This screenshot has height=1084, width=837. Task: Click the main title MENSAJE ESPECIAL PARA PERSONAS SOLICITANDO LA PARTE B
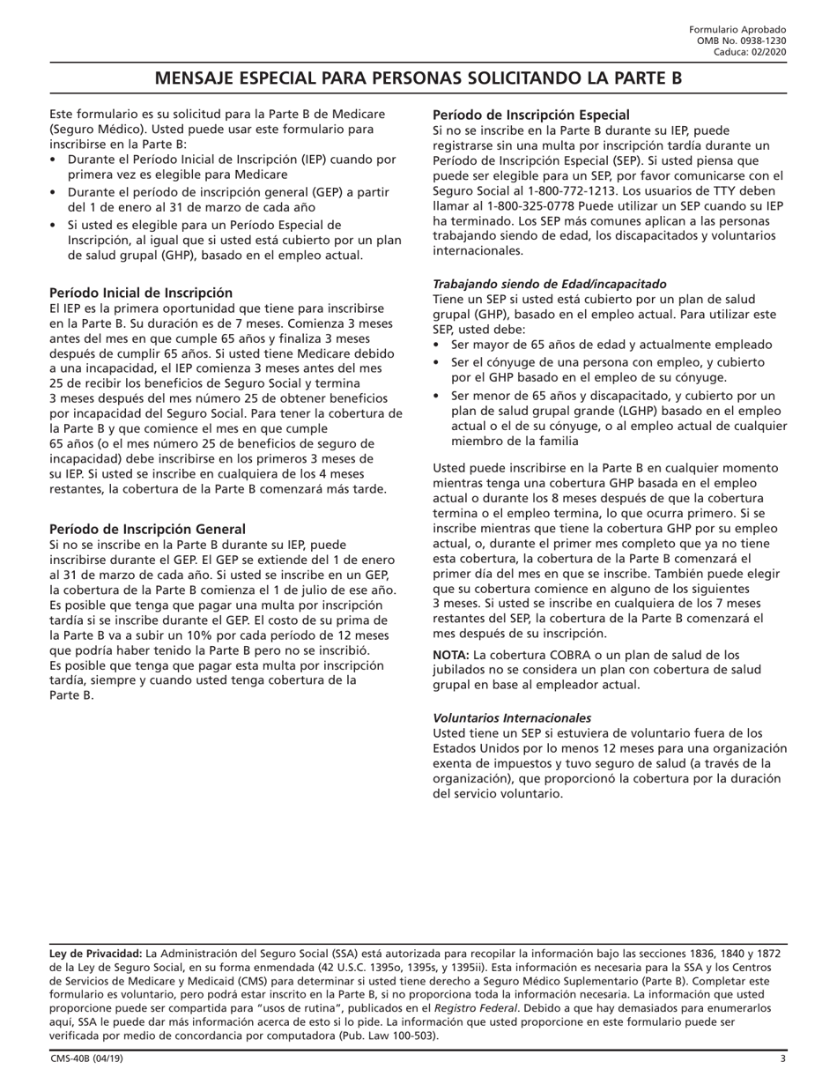(418, 78)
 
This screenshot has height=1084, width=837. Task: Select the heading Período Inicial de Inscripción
(141, 293)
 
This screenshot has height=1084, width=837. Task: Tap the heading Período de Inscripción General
(147, 529)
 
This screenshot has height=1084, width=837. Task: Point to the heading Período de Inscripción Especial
(530, 115)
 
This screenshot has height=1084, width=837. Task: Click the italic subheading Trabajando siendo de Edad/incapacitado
(549, 284)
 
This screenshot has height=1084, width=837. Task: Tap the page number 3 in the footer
(782, 1058)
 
